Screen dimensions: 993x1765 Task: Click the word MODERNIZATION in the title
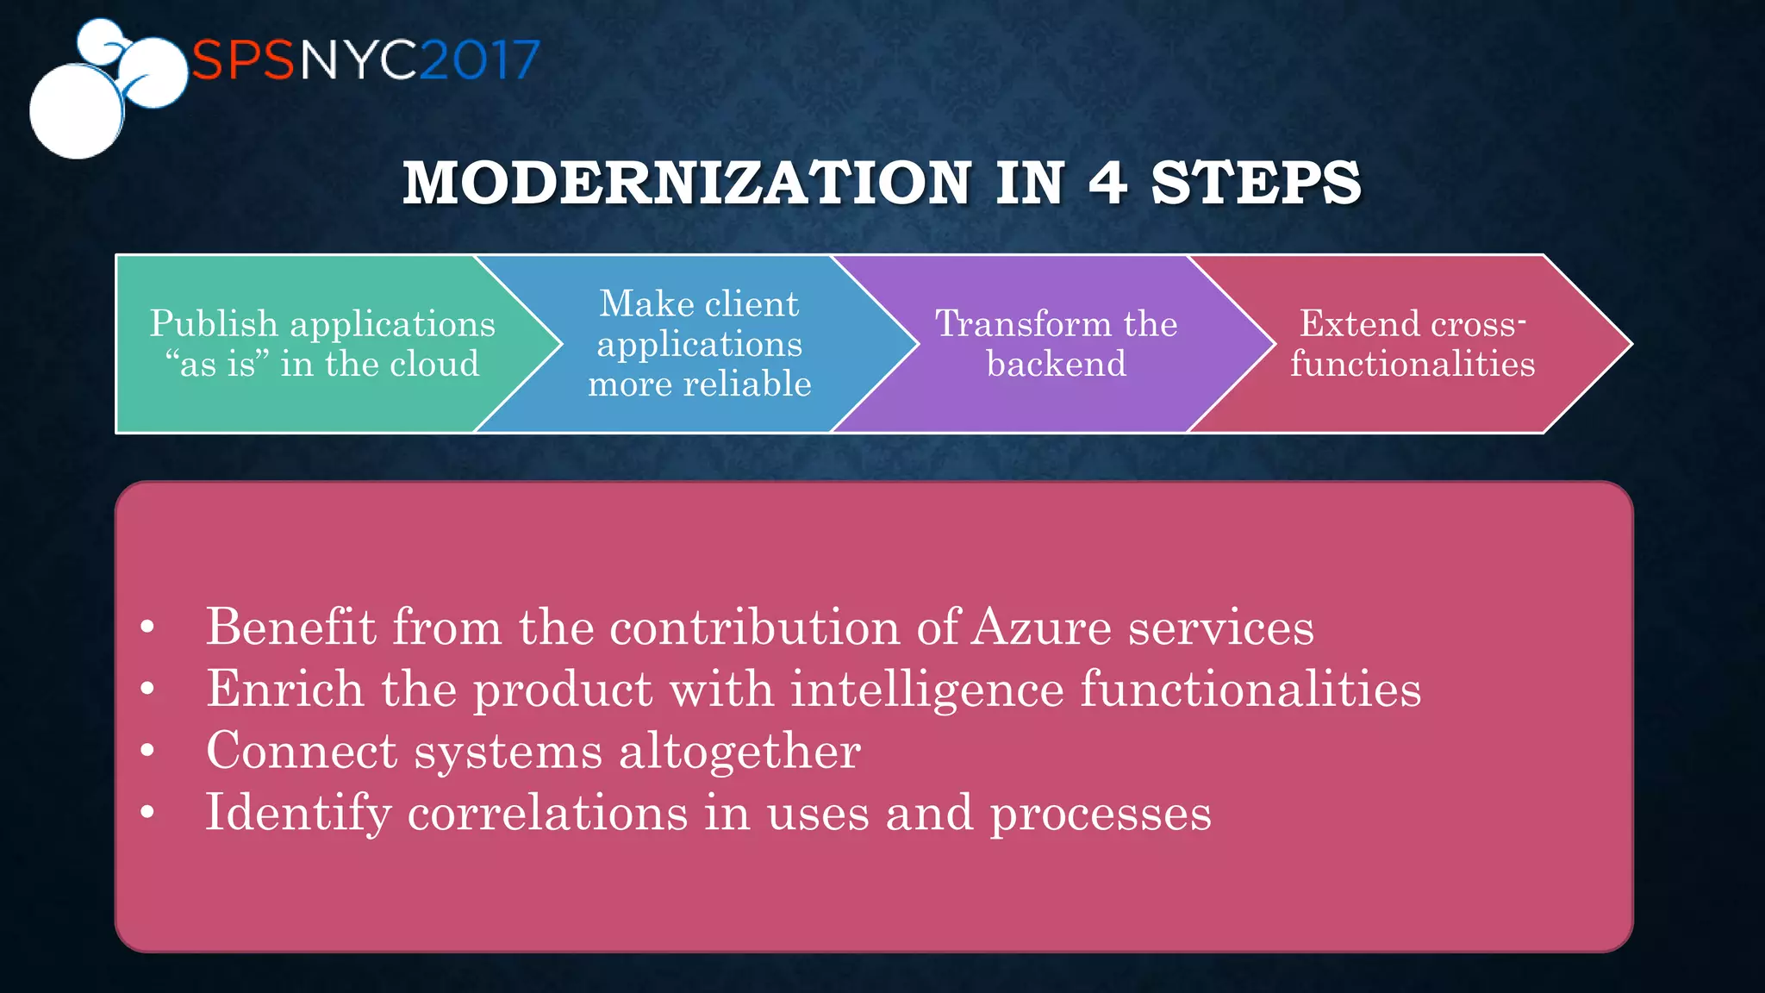tap(688, 183)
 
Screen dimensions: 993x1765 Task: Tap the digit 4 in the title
tap(1107, 183)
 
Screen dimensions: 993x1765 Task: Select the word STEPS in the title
tap(1256, 183)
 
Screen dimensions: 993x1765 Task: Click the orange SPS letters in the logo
tap(243, 60)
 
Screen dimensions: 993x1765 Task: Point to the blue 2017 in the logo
tap(480, 60)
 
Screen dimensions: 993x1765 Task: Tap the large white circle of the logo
tap(76, 112)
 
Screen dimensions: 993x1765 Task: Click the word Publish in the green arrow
tap(214, 324)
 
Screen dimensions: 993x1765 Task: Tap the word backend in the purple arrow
tap(1057, 364)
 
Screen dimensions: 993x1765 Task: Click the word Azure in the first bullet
tap(1041, 627)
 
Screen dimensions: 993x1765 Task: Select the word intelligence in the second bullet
tap(927, 690)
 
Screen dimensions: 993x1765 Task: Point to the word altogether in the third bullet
tap(739, 751)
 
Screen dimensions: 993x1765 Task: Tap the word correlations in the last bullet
tap(548, 813)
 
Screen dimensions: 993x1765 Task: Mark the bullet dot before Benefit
tap(147, 627)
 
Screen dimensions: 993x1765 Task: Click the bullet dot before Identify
tap(147, 812)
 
